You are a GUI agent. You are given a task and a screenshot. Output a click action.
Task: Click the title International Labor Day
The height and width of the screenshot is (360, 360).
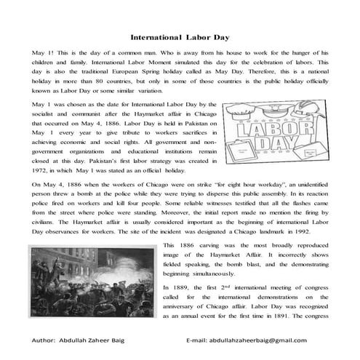pos(180,34)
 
